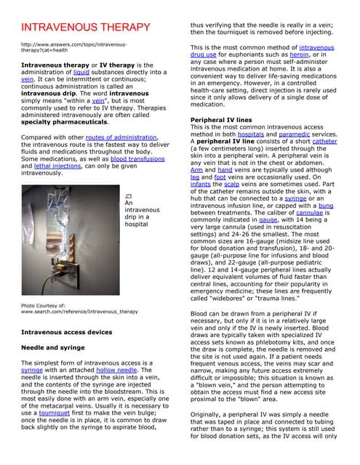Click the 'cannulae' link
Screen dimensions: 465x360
[x=311, y=214]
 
